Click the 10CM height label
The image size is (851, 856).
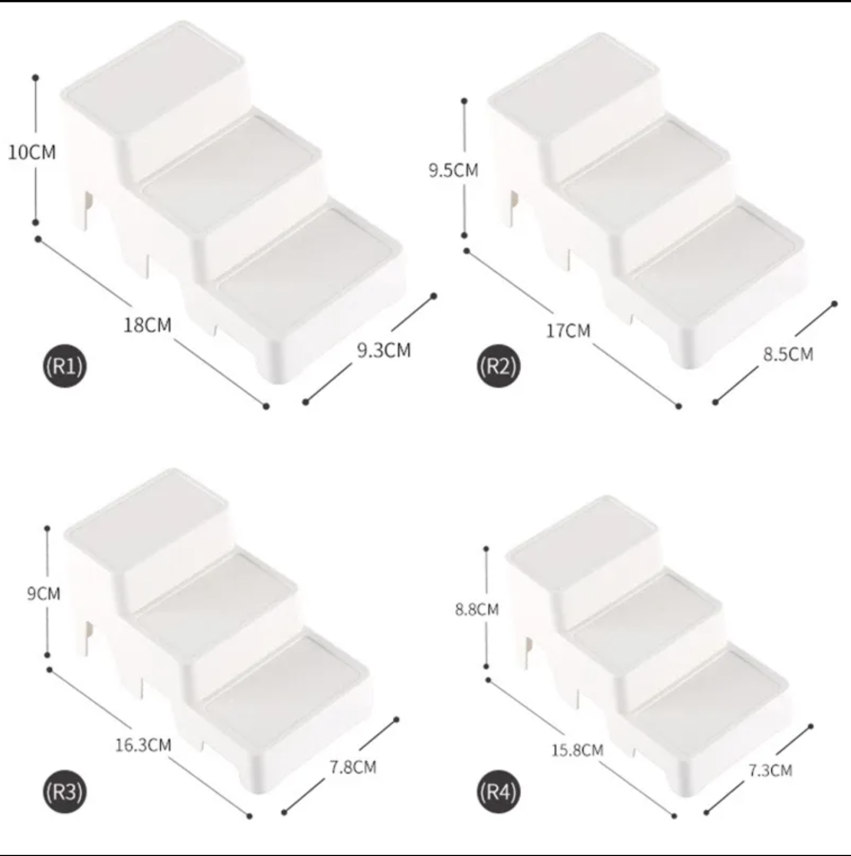pyautogui.click(x=31, y=152)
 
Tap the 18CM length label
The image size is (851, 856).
pyautogui.click(x=148, y=325)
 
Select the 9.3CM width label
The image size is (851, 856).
pyautogui.click(x=384, y=350)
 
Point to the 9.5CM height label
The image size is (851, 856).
pyautogui.click(x=453, y=170)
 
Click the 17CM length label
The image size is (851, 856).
pyautogui.click(x=568, y=331)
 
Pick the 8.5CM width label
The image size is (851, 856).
pyautogui.click(x=788, y=355)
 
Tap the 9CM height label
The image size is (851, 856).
pyautogui.click(x=44, y=593)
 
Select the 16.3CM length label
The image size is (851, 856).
pyautogui.click(x=143, y=745)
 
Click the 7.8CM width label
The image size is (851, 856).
pyautogui.click(x=353, y=768)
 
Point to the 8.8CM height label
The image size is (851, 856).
pyautogui.click(x=477, y=610)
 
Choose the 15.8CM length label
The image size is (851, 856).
pyautogui.click(x=578, y=750)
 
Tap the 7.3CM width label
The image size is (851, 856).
pyautogui.click(x=770, y=770)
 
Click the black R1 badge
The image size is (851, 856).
pyautogui.click(x=65, y=366)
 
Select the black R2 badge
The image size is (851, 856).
pyautogui.click(x=499, y=366)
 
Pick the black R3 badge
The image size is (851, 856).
pyautogui.click(x=65, y=791)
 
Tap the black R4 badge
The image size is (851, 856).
pyautogui.click(x=499, y=791)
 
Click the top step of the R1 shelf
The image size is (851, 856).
pyautogui.click(x=154, y=76)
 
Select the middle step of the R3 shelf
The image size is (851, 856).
pyautogui.click(x=216, y=593)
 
